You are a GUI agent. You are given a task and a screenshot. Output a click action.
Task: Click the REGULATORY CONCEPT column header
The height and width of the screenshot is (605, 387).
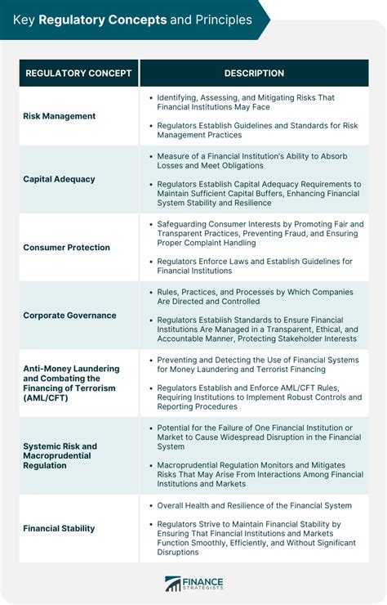coord(78,74)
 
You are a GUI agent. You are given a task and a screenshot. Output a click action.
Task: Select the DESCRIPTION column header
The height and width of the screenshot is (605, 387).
coord(254,74)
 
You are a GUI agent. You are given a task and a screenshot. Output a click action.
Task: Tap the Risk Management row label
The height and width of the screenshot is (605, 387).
coord(60,116)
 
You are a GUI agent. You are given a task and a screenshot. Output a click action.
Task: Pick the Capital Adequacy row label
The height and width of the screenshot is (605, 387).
coord(60,179)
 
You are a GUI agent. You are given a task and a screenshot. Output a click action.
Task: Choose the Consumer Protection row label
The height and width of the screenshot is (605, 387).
coord(67,247)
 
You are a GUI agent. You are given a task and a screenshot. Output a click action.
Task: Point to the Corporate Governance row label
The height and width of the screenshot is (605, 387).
coord(70,315)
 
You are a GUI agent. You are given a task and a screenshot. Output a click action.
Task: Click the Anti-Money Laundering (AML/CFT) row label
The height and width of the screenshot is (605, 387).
coord(72,383)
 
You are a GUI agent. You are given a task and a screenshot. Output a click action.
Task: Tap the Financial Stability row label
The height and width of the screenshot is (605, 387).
coord(59,528)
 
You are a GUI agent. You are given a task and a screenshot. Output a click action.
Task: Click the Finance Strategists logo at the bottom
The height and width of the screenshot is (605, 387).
coord(193,584)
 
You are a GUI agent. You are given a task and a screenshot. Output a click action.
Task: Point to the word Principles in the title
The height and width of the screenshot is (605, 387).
coord(217,19)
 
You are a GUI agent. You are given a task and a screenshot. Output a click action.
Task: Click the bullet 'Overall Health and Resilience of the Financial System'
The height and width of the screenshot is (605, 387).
coord(255,505)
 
